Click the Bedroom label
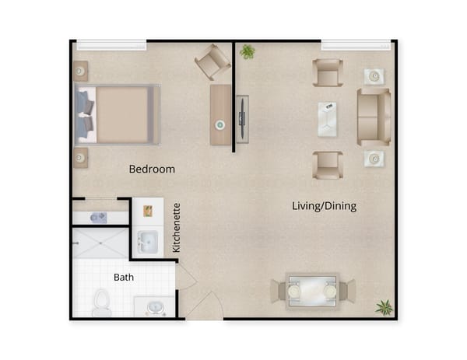pos(152,169)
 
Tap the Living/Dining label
pos(324,206)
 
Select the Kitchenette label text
pos(177,228)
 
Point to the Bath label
pos(123,277)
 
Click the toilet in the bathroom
pos(101,302)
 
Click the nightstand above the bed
pos(80,72)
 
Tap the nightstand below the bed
pos(80,158)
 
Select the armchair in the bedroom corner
pos(212,61)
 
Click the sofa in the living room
pos(374,117)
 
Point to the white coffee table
pos(328,118)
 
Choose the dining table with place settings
pos(312,291)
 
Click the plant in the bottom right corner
pos(384,307)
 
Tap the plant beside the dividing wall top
pos(248,51)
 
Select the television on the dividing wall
pos(242,118)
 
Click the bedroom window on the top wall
pos(111,44)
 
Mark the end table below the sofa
pos(374,159)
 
